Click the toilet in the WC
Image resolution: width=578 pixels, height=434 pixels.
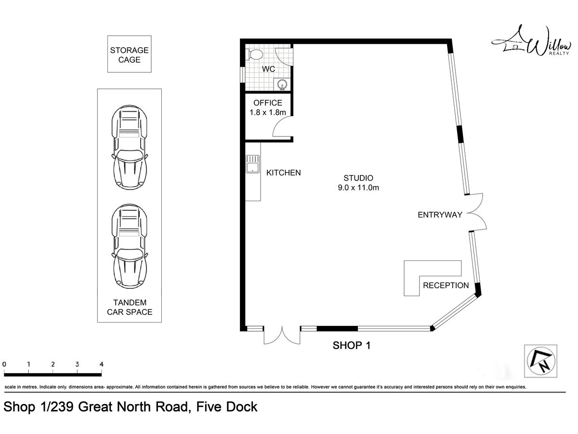point(254,54)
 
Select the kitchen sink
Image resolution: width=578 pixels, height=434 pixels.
point(252,164)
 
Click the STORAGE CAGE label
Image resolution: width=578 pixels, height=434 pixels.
point(129,55)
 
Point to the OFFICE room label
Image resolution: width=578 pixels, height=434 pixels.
point(267,103)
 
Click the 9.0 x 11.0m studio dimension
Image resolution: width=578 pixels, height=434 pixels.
point(358,188)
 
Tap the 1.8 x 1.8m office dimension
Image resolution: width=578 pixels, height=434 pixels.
point(267,112)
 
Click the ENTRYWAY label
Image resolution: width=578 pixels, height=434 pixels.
point(440,215)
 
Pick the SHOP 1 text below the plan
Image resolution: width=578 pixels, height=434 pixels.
point(352,345)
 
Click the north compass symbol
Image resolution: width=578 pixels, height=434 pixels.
point(541,361)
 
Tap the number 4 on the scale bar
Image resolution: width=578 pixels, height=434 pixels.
point(102,364)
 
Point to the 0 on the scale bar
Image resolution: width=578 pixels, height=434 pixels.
point(4,364)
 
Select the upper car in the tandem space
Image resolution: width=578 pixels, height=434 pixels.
point(129,147)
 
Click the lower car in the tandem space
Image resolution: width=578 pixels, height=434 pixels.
point(129,246)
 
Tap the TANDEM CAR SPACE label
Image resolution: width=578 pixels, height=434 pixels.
point(130,307)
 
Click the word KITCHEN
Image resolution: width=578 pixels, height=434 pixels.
point(283,173)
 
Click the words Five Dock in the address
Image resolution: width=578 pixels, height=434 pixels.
point(227,407)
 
